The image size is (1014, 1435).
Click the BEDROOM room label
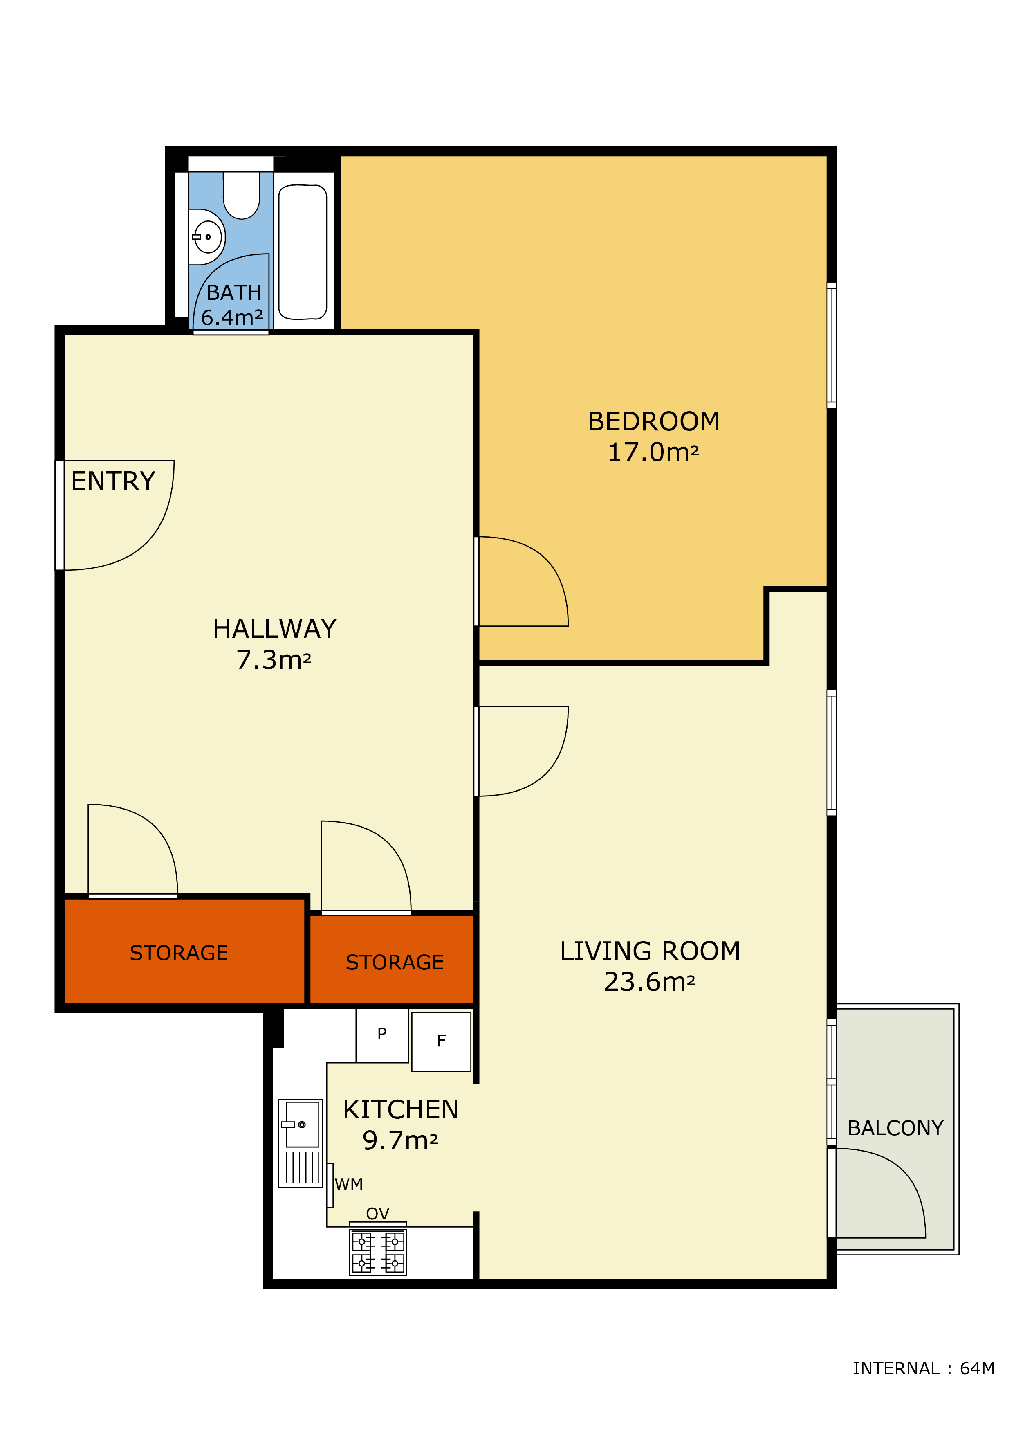point(653,421)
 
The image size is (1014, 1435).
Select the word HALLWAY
point(274,629)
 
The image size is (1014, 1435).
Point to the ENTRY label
point(113,481)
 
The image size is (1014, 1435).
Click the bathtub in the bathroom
point(303,252)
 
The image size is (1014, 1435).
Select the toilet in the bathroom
point(242,195)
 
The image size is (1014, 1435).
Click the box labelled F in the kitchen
point(442,1041)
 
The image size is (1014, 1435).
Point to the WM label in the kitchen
point(349,1184)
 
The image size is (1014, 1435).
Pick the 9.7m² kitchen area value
point(400,1140)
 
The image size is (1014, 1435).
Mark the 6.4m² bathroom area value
point(232,317)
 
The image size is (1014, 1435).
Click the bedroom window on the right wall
point(832,345)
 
